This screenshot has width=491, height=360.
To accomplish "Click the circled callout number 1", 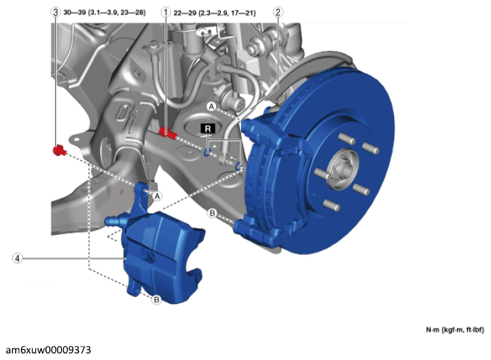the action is (x=166, y=12).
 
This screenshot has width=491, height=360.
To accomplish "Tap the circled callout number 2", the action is (x=278, y=12).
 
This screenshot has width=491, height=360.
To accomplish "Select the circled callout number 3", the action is (x=56, y=12).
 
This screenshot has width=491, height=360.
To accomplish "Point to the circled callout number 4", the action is (x=18, y=258).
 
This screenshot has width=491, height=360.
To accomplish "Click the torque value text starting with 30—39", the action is (x=104, y=13).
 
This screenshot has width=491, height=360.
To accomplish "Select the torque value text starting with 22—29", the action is (x=215, y=13).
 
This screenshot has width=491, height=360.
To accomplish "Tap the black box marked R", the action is (x=208, y=129).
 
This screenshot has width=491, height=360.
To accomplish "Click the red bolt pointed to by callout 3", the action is (x=59, y=151).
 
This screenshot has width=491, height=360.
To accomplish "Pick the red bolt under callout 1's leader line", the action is (x=167, y=133).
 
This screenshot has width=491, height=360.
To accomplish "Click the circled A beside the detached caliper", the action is (x=157, y=196).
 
